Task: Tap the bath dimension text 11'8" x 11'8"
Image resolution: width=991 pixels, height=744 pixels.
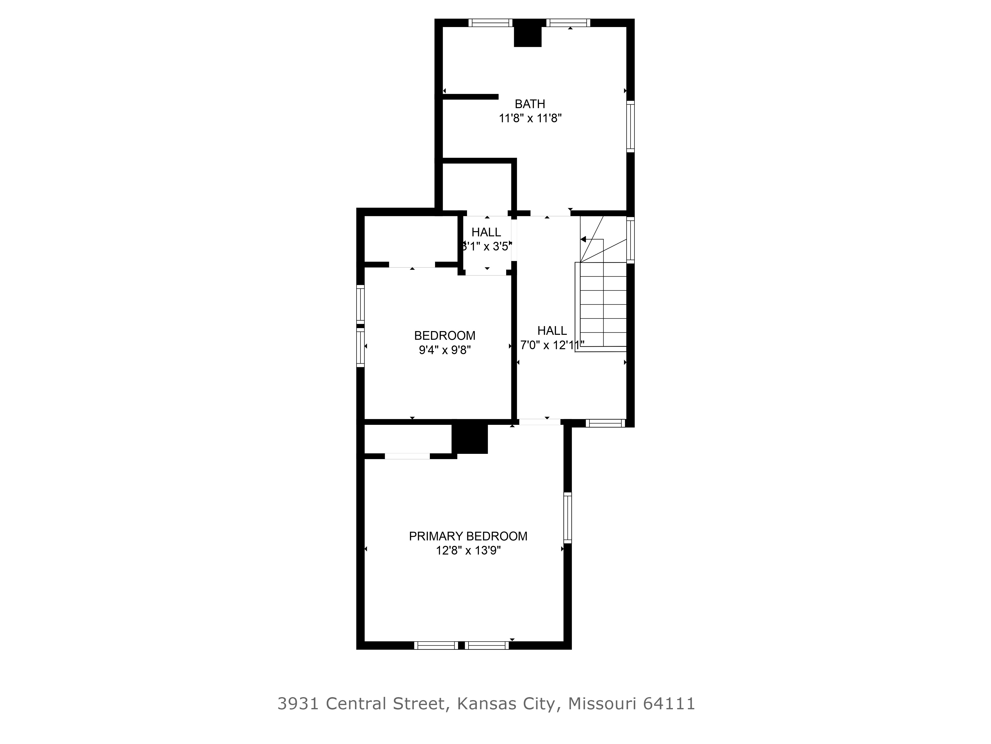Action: click(x=530, y=118)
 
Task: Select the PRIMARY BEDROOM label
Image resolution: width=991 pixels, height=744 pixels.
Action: click(x=468, y=536)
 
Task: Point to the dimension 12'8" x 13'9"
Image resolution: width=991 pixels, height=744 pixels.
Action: click(x=468, y=551)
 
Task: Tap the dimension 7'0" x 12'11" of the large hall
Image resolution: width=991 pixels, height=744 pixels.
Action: click(x=552, y=345)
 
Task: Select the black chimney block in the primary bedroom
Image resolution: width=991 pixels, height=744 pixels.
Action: click(x=469, y=439)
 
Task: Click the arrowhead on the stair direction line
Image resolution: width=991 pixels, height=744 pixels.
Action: click(x=583, y=240)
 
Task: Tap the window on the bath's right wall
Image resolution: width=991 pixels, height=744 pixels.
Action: click(x=630, y=126)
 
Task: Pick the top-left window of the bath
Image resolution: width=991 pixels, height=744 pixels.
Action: click(x=491, y=23)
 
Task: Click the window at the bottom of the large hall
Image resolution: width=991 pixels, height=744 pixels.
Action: click(x=605, y=423)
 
